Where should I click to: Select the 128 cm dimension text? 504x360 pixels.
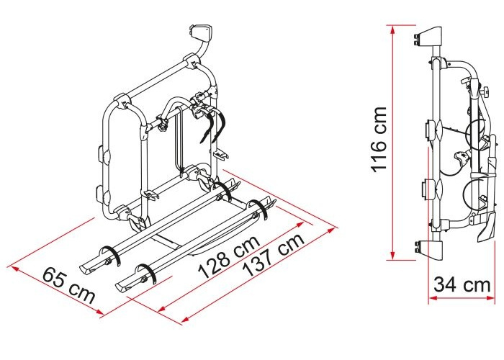tap(229, 257)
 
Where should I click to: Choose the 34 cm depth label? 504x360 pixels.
tap(462, 285)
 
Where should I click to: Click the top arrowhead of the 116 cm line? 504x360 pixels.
tap(393, 30)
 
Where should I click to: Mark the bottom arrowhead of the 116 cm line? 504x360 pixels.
tap(393, 255)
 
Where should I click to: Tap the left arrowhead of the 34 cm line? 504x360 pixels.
tap(433, 298)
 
